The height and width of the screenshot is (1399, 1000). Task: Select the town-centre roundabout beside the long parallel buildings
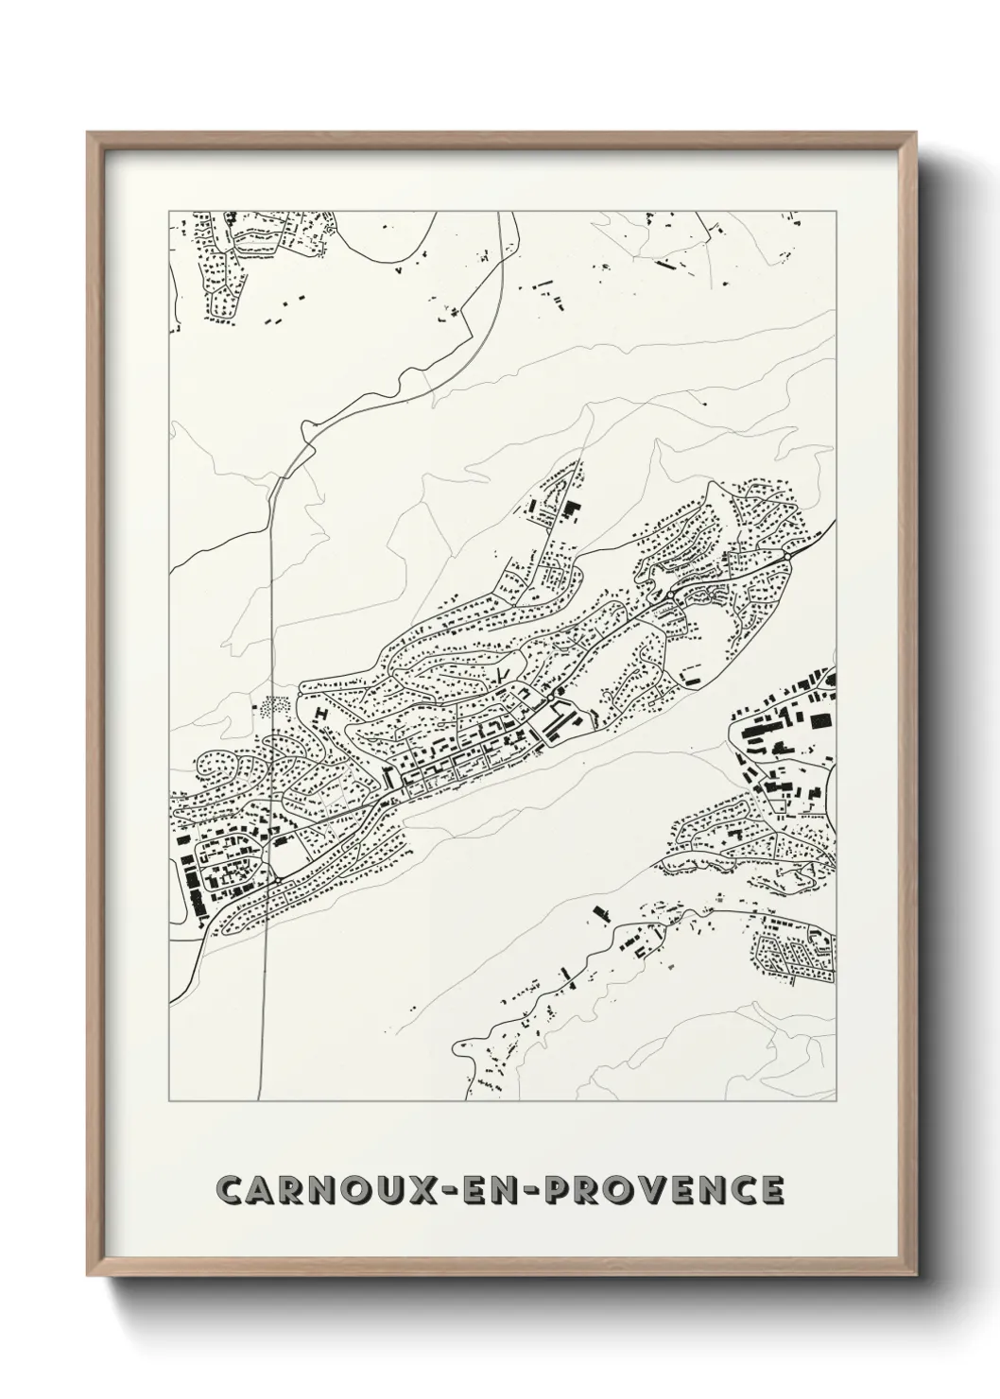pyautogui.click(x=550, y=696)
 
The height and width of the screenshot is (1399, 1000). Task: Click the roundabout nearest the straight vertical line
pyautogui.click(x=280, y=878)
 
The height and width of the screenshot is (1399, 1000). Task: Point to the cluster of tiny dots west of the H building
pyautogui.click(x=277, y=705)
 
